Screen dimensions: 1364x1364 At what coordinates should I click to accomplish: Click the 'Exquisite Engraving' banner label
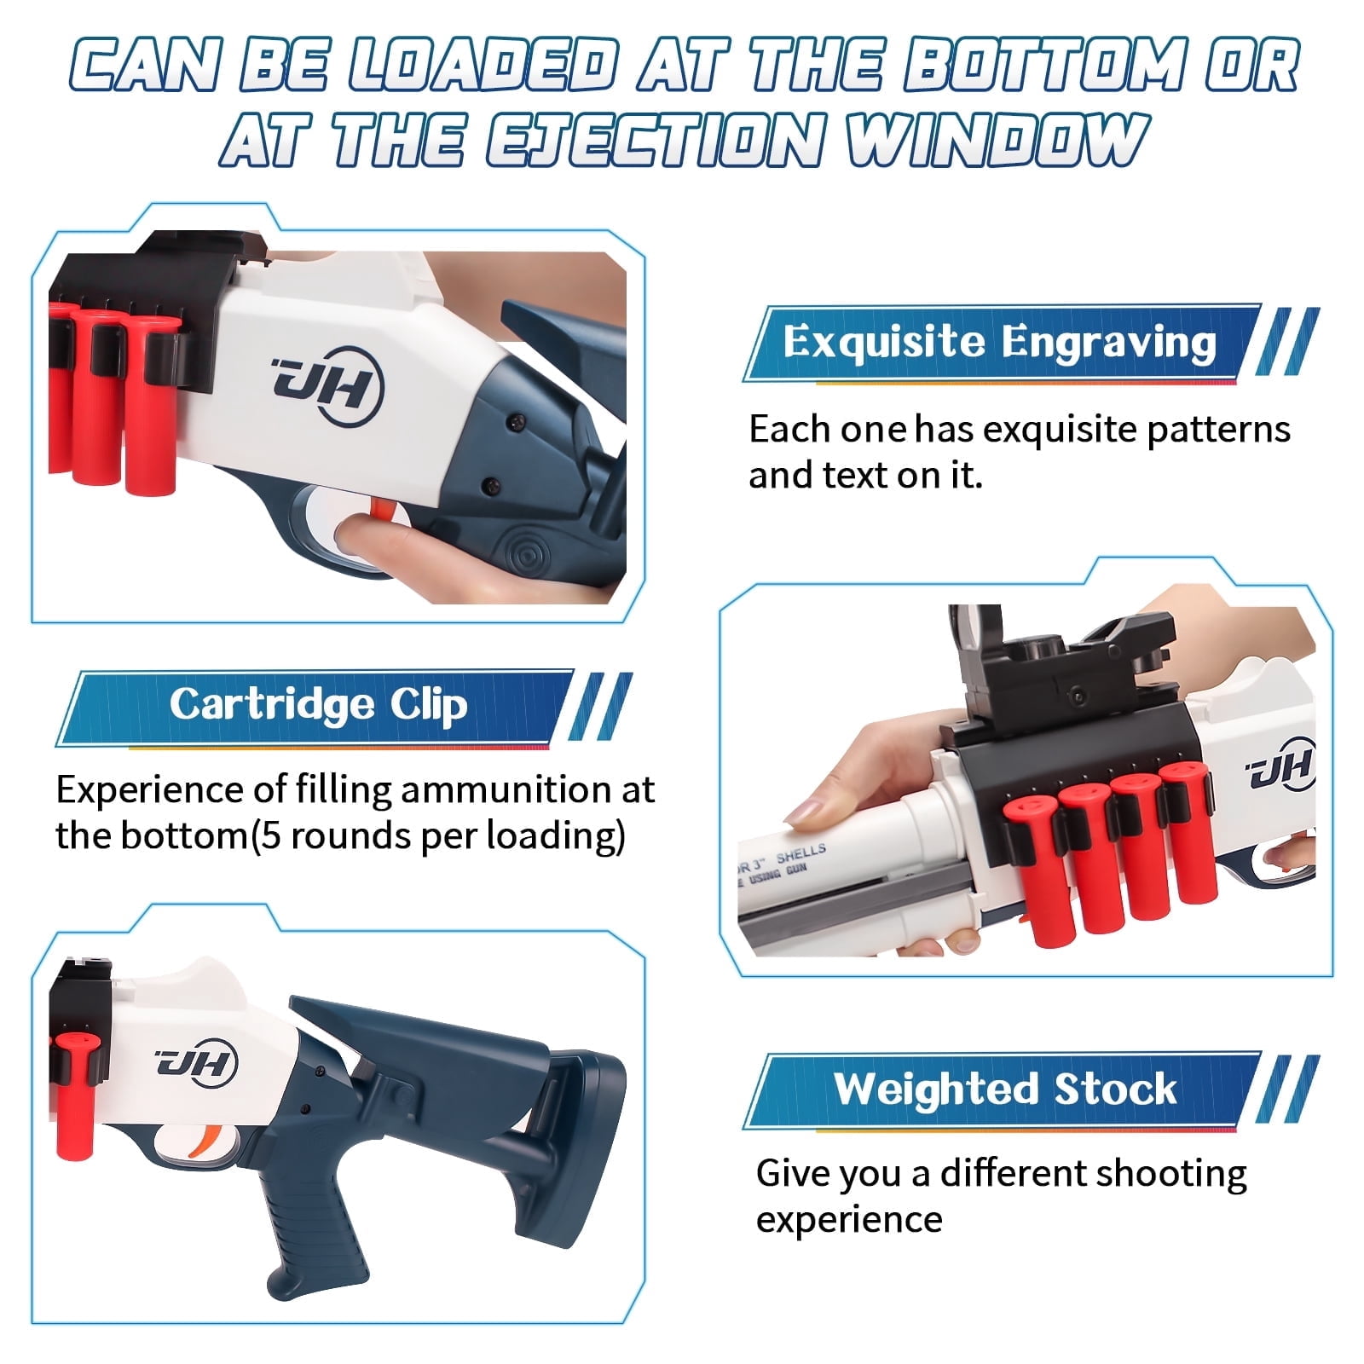[999, 342]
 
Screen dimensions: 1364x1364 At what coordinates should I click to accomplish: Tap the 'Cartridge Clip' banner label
[318, 705]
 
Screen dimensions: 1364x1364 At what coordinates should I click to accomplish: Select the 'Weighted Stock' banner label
[1005, 1089]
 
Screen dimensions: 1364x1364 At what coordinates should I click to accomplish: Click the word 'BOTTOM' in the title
[1045, 66]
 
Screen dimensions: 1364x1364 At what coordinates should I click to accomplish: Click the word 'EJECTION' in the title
[657, 139]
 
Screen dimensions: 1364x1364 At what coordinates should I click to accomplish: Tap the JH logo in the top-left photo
[327, 386]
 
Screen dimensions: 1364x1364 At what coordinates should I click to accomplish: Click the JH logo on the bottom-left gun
[195, 1063]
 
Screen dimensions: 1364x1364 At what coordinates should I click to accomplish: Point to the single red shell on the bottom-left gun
[76, 1091]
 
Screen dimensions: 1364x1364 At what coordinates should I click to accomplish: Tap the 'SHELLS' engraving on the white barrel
[800, 853]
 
